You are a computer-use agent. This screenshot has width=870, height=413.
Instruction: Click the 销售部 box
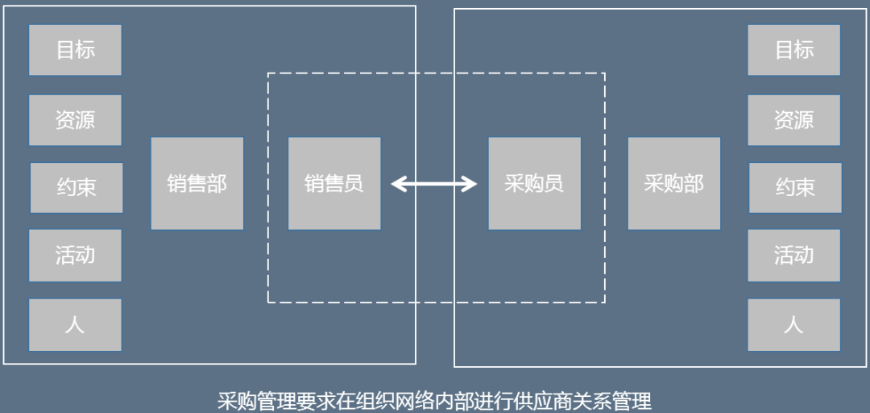(197, 183)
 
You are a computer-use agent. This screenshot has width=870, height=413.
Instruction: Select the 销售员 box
(334, 183)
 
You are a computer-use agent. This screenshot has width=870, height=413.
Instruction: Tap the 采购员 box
(534, 183)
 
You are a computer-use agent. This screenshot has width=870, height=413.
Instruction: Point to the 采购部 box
(674, 183)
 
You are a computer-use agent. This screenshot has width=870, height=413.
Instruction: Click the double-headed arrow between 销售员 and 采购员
(434, 185)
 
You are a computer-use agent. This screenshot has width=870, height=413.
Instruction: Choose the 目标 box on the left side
(75, 50)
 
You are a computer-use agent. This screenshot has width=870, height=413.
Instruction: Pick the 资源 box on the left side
(75, 120)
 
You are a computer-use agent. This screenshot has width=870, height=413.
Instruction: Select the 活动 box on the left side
(75, 256)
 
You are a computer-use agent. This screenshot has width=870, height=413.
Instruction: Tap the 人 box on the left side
(75, 325)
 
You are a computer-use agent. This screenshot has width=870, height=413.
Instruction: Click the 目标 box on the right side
(793, 50)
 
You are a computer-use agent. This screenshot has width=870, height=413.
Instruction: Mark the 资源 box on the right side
(793, 120)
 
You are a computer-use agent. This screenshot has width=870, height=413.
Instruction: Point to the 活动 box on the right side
(793, 256)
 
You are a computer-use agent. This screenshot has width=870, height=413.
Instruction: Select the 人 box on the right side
(793, 325)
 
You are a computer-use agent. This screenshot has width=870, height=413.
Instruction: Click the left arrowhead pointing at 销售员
(397, 185)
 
